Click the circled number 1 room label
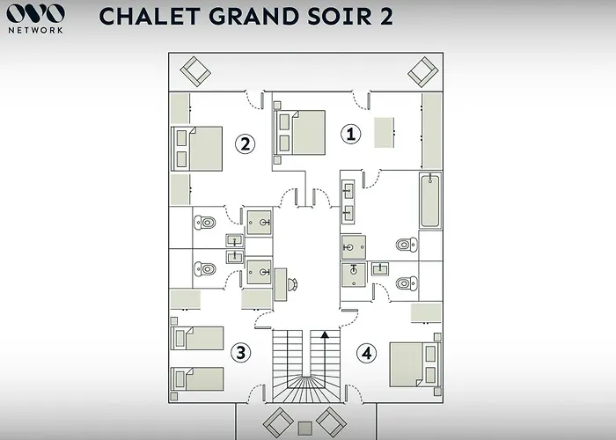click(350, 134)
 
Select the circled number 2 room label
click(246, 143)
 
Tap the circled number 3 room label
click(240, 352)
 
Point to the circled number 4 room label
click(367, 353)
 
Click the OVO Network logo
click(35, 18)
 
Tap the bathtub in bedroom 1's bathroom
click(429, 201)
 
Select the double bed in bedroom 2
click(197, 149)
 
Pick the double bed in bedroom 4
click(414, 364)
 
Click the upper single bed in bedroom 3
click(197, 338)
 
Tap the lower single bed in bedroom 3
click(197, 379)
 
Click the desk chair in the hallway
click(293, 284)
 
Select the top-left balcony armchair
click(195, 71)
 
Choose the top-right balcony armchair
click(423, 72)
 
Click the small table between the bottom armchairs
click(305, 428)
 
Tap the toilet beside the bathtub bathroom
click(407, 245)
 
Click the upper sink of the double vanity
click(348, 191)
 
